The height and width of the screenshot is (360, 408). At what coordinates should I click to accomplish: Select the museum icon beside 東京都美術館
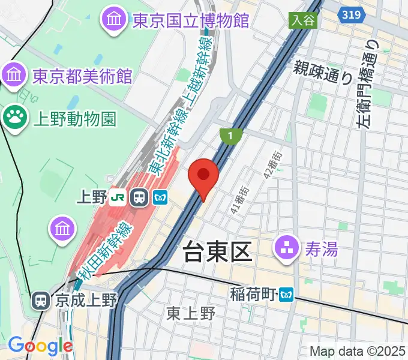tap(13, 76)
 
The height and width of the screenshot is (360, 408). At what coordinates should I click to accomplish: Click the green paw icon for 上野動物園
tap(13, 117)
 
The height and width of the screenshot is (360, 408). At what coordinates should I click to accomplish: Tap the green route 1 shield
tap(230, 136)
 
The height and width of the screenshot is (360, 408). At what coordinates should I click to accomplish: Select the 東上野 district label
tap(191, 313)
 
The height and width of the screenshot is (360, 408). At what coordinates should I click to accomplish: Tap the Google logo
tap(40, 346)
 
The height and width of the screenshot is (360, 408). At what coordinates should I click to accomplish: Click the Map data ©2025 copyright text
tap(358, 351)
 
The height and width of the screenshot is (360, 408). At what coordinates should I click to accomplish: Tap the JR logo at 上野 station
tap(119, 197)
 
